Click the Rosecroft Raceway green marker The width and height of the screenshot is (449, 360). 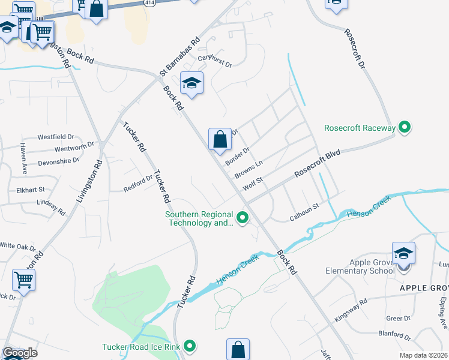(405, 127)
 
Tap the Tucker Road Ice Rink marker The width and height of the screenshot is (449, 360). (190, 346)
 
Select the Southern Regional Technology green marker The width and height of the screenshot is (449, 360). (243, 217)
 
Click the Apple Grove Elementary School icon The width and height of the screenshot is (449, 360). (403, 253)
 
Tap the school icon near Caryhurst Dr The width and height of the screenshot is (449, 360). (191, 83)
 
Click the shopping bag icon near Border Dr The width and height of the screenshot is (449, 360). (220, 139)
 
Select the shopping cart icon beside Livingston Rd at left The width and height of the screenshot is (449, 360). (23, 280)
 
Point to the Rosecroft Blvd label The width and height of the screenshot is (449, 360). (318, 163)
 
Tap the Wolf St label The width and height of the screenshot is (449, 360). (253, 183)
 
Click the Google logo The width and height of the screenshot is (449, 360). (20, 353)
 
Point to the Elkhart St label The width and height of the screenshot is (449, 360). (33, 189)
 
